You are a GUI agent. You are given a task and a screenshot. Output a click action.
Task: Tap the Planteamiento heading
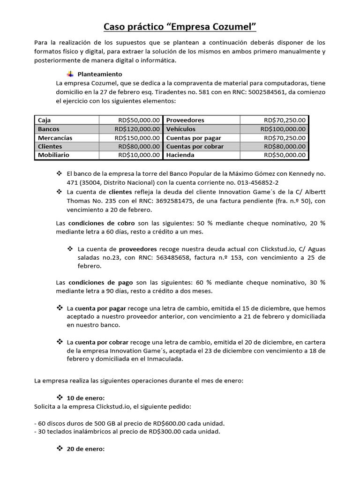click(100, 74)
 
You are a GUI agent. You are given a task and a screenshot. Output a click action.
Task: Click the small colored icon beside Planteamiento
click(70, 74)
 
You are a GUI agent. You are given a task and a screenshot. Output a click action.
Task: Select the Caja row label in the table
click(45, 120)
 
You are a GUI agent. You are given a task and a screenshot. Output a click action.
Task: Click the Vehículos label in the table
click(181, 129)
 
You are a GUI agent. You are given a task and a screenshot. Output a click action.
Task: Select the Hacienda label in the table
click(180, 155)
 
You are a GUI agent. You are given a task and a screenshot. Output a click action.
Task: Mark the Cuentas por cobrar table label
click(195, 147)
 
